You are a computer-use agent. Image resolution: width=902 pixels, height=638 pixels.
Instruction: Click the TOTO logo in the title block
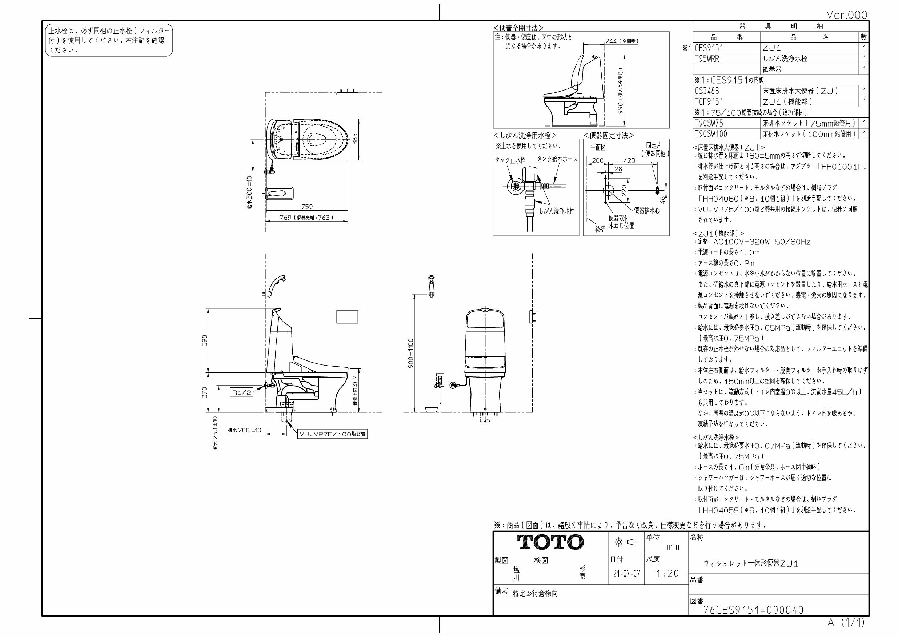(x=550, y=542)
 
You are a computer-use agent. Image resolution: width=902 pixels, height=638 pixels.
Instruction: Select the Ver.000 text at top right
(x=847, y=15)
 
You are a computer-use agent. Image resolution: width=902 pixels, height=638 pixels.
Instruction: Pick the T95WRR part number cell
(x=707, y=59)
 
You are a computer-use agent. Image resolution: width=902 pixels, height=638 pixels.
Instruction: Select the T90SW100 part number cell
(x=711, y=133)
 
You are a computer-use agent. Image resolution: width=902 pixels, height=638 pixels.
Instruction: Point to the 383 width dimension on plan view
(x=355, y=139)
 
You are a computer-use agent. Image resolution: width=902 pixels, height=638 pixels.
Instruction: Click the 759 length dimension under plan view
(x=307, y=207)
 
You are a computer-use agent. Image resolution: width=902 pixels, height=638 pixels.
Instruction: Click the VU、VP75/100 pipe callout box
(x=333, y=434)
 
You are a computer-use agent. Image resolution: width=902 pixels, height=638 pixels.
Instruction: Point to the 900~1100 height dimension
(x=411, y=353)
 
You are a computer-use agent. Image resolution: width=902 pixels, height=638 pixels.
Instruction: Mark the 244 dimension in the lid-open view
(x=611, y=41)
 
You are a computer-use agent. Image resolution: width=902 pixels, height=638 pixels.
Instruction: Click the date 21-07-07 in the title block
(x=626, y=574)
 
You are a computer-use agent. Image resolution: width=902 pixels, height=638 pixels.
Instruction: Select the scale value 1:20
(x=667, y=574)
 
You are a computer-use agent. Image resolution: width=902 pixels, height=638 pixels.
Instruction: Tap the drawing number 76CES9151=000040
(x=753, y=610)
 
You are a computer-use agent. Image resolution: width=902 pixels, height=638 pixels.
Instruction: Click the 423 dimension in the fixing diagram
(x=629, y=160)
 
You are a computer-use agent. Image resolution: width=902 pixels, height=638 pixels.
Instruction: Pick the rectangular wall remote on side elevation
(x=347, y=316)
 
